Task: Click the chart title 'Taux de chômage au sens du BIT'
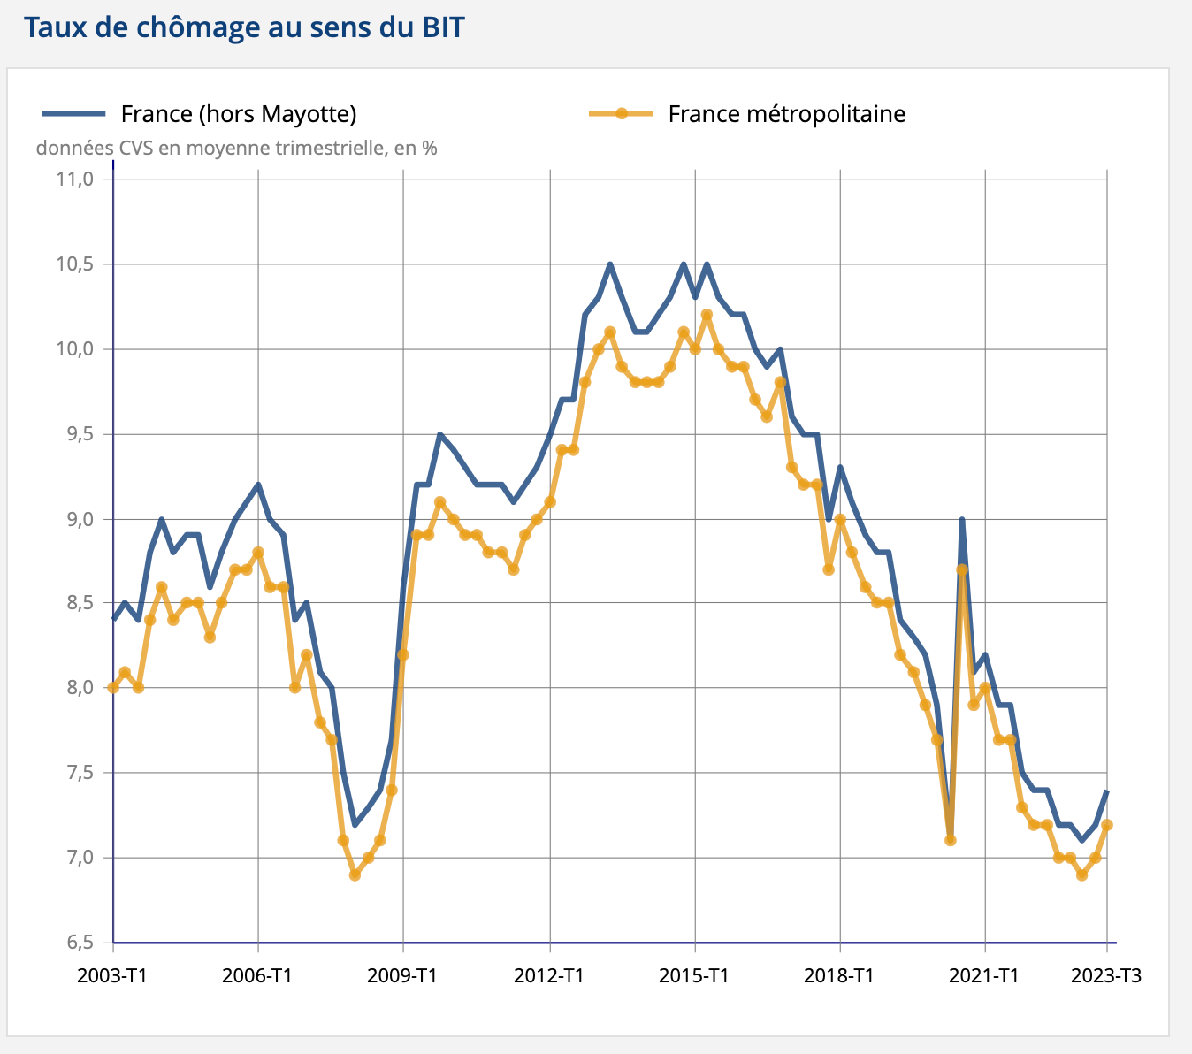(244, 27)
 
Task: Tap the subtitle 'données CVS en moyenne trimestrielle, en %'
(236, 148)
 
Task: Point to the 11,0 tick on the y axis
(74, 179)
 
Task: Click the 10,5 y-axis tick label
(74, 264)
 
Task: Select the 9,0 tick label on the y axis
(78, 519)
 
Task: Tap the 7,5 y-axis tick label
(78, 773)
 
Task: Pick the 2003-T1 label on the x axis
(112, 975)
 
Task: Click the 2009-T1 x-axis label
(403, 975)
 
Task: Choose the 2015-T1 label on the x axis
(694, 975)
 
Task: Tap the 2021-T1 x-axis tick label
(984, 975)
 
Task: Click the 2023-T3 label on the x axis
(1105, 975)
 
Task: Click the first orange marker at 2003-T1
(113, 688)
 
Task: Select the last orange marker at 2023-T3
(1106, 825)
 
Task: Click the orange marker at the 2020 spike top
(962, 569)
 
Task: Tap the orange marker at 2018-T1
(840, 520)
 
